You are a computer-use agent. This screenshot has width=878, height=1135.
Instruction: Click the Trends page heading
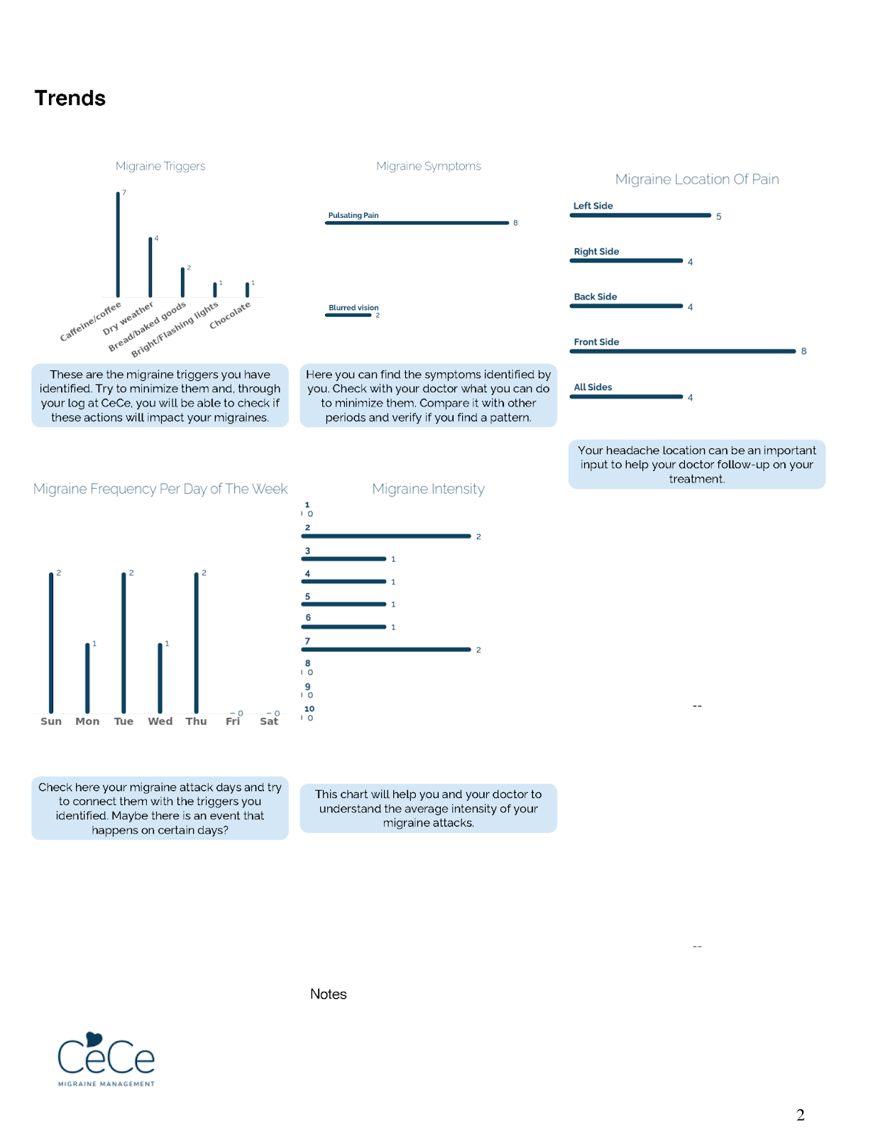pos(70,98)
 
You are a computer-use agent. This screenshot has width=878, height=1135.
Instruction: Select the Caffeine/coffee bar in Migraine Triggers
pos(118,245)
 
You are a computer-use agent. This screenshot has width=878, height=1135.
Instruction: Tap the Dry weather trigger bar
pos(150,267)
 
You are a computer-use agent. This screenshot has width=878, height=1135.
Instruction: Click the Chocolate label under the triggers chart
pos(230,316)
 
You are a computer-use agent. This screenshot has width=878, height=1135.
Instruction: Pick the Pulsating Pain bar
pos(417,223)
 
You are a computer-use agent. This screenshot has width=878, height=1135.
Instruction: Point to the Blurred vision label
pos(353,308)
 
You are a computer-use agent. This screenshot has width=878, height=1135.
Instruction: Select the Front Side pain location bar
pos(682,351)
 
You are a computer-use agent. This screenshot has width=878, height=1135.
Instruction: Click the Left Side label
pos(593,206)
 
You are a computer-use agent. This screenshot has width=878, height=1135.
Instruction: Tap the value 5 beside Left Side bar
pos(718,216)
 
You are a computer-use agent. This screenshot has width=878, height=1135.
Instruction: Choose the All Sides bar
pos(626,397)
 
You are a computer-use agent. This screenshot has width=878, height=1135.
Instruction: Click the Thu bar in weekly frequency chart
pos(197,643)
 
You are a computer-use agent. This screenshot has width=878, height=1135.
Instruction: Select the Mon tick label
pos(87,721)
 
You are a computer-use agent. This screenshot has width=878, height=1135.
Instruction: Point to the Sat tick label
pos(269,721)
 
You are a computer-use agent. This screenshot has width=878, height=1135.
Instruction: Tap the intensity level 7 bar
pos(386,649)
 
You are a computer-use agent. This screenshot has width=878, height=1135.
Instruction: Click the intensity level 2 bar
pos(386,536)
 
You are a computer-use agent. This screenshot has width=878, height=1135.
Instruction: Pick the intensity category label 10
pos(309,709)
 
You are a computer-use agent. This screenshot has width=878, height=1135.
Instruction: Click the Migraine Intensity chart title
pos(428,489)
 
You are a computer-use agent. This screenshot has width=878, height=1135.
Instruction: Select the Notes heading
pos(328,994)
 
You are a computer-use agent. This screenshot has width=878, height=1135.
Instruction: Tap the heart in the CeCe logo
pos(94,1039)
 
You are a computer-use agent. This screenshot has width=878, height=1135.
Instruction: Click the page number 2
pos(800,1115)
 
